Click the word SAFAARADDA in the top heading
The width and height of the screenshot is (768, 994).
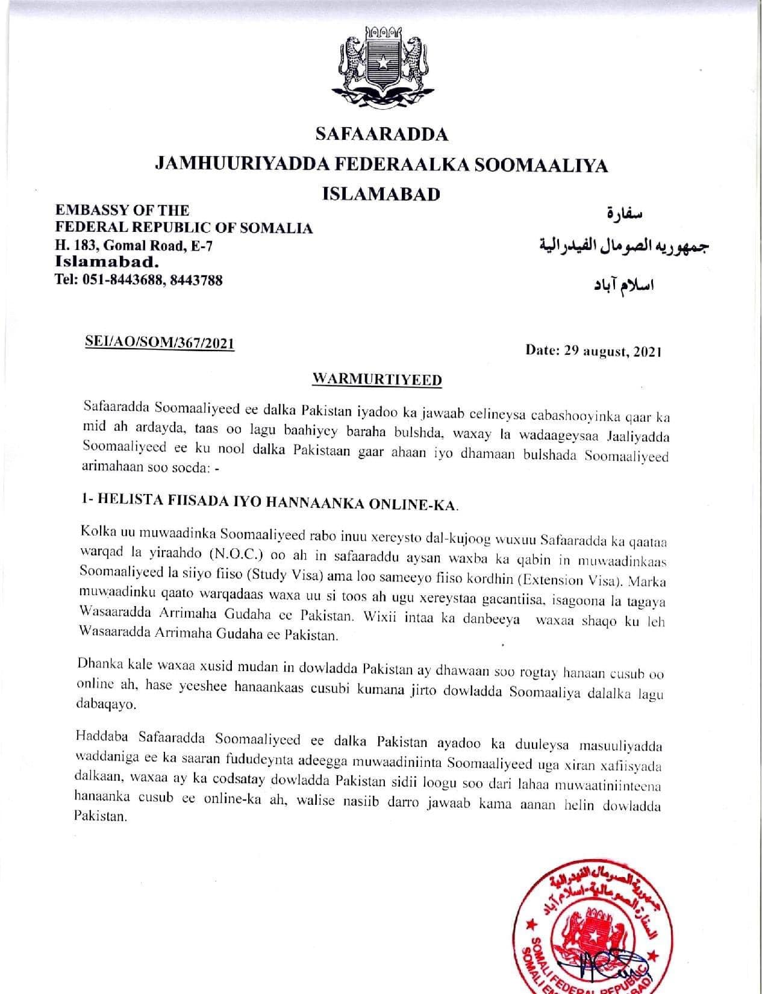(x=382, y=134)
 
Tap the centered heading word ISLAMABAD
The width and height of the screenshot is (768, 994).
(x=381, y=194)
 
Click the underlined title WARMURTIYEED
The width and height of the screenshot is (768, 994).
(x=378, y=380)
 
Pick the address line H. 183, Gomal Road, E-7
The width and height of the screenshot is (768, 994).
(x=134, y=246)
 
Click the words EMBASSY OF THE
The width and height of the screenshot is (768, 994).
(x=122, y=210)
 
